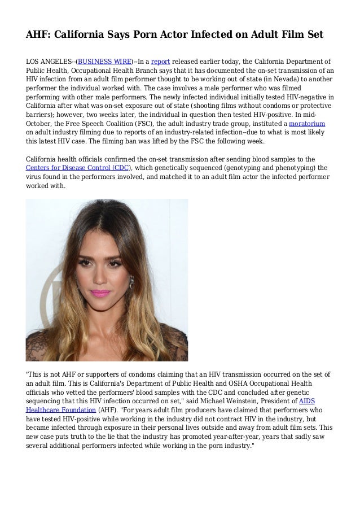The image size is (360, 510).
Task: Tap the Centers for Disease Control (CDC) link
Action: click(x=78, y=167)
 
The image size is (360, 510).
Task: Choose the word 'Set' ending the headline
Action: click(x=314, y=34)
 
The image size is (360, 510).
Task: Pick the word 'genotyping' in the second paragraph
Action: click(x=247, y=167)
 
